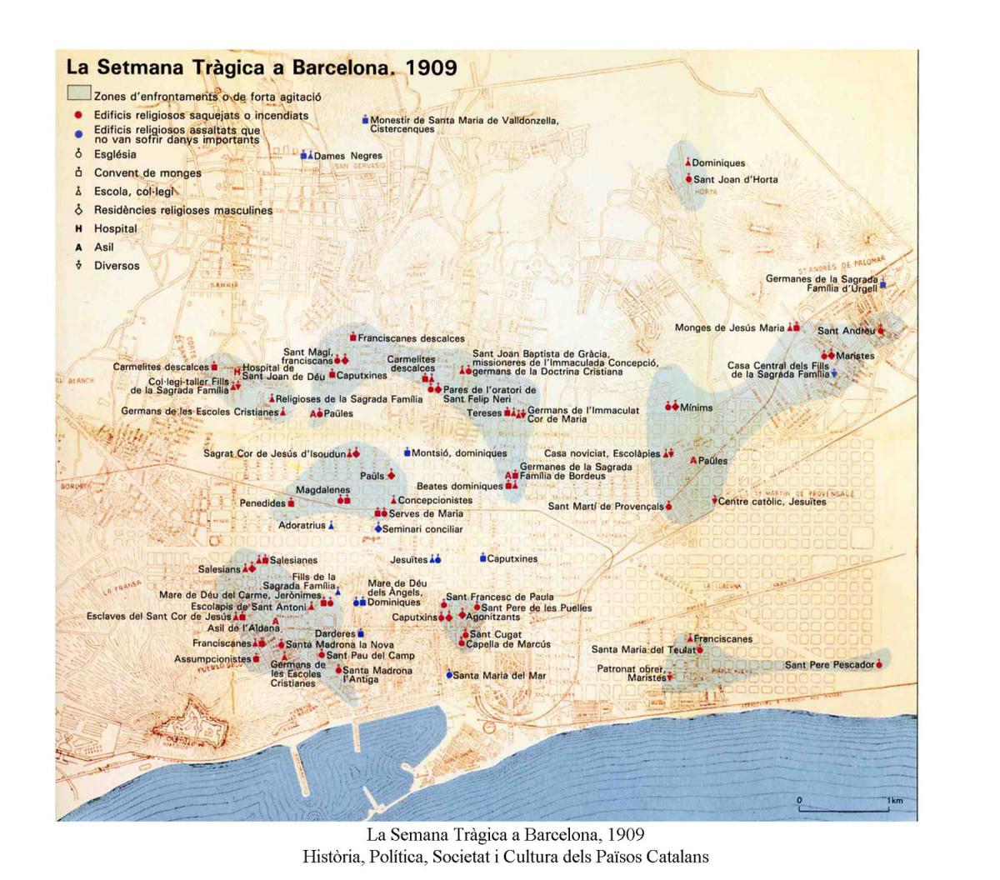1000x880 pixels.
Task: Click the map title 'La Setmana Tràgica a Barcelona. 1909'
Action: tap(261, 67)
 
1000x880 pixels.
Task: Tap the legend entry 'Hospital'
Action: tap(115, 228)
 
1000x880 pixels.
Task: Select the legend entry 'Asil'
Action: tap(103, 247)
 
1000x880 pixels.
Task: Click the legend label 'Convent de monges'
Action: tap(147, 173)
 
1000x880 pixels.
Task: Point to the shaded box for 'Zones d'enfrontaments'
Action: tap(78, 93)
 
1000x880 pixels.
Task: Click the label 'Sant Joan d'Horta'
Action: tap(735, 179)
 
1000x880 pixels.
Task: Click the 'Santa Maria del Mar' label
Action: tap(499, 675)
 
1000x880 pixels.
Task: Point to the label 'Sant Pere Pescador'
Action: tap(829, 665)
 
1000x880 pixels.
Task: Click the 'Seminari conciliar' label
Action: tap(422, 529)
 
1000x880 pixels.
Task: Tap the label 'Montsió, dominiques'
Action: tap(459, 453)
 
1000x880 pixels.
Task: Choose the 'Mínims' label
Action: tap(696, 407)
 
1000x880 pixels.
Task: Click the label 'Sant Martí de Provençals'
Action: tap(606, 506)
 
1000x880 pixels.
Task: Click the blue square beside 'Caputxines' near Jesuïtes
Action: tap(482, 557)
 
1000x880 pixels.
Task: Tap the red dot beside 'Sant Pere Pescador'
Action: tap(879, 664)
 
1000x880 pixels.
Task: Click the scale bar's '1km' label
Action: tap(895, 801)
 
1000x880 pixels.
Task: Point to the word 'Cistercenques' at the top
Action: tap(402, 129)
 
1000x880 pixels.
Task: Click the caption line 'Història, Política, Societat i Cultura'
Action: tap(505, 856)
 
